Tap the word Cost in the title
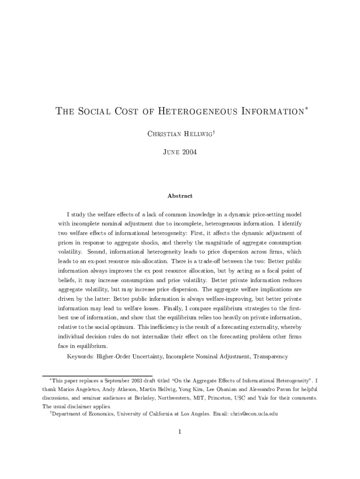(129, 112)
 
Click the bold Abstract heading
(180, 196)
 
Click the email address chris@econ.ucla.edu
(254, 414)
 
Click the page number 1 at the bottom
(180, 431)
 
